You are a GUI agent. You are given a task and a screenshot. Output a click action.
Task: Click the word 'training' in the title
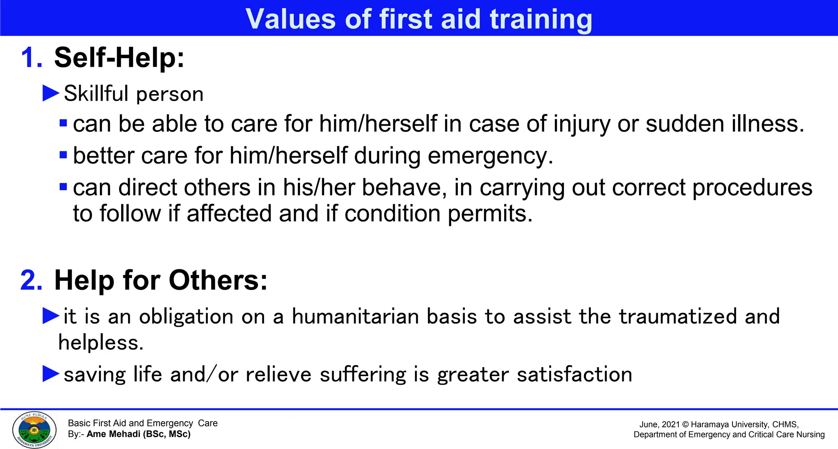(x=541, y=19)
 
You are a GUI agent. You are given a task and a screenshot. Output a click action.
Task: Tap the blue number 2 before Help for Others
(x=31, y=281)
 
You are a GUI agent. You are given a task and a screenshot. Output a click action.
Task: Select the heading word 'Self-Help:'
(x=119, y=58)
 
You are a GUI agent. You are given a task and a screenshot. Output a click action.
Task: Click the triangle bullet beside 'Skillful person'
(x=51, y=93)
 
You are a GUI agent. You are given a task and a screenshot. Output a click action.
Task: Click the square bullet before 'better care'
(x=63, y=155)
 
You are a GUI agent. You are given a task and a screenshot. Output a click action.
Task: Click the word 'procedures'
(x=752, y=187)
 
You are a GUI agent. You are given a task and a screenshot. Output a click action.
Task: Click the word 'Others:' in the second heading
(x=218, y=281)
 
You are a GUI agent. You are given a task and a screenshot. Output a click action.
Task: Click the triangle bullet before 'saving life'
(x=51, y=374)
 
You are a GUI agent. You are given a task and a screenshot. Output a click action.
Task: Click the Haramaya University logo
(x=34, y=430)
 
